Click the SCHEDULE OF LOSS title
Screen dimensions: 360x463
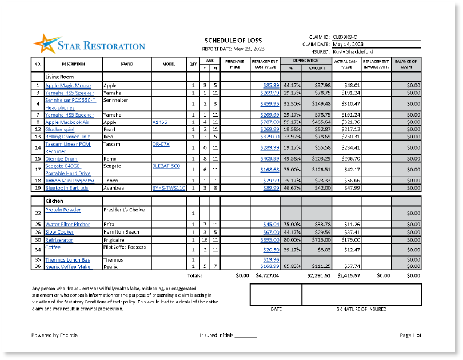click(x=233, y=40)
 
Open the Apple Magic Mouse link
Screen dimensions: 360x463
click(x=67, y=86)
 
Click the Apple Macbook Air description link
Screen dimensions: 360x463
click(x=67, y=122)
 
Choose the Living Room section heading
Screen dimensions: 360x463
click(x=59, y=76)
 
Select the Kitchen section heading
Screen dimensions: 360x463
click(x=54, y=201)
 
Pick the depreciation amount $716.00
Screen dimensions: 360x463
click(x=320, y=241)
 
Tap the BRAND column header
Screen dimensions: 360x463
click(x=127, y=64)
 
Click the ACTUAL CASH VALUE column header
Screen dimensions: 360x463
click(x=346, y=64)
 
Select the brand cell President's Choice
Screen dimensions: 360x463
click(x=125, y=210)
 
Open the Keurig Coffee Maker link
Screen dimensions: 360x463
click(x=69, y=266)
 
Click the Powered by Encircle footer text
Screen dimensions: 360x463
click(x=54, y=335)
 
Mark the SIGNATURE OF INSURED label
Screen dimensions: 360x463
click(x=361, y=309)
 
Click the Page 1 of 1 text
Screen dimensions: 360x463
click(x=412, y=335)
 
